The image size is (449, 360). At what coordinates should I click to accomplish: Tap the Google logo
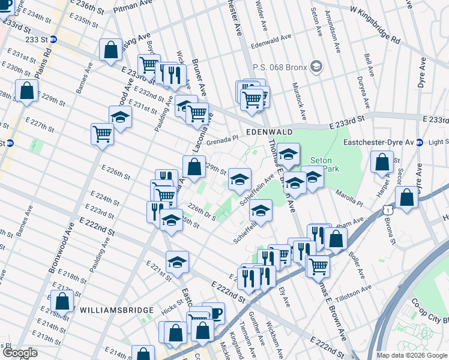point(19,353)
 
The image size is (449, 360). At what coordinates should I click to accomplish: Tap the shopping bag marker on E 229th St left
point(26,91)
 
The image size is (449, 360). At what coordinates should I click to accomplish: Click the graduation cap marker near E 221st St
point(177,261)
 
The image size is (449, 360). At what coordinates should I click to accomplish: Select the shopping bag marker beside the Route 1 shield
point(406,199)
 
